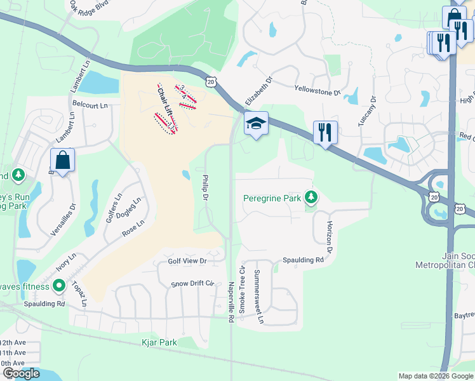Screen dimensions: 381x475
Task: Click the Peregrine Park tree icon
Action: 311,198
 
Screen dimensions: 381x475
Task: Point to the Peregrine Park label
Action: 272,198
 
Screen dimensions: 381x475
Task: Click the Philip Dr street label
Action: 205,189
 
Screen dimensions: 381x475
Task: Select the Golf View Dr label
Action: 187,261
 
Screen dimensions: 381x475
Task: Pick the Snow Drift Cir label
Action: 194,283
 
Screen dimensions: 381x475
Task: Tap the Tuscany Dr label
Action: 368,112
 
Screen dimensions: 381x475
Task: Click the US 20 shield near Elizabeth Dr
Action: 212,81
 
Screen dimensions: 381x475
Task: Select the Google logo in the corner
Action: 21,373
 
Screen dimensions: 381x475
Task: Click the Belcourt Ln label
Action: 90,104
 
